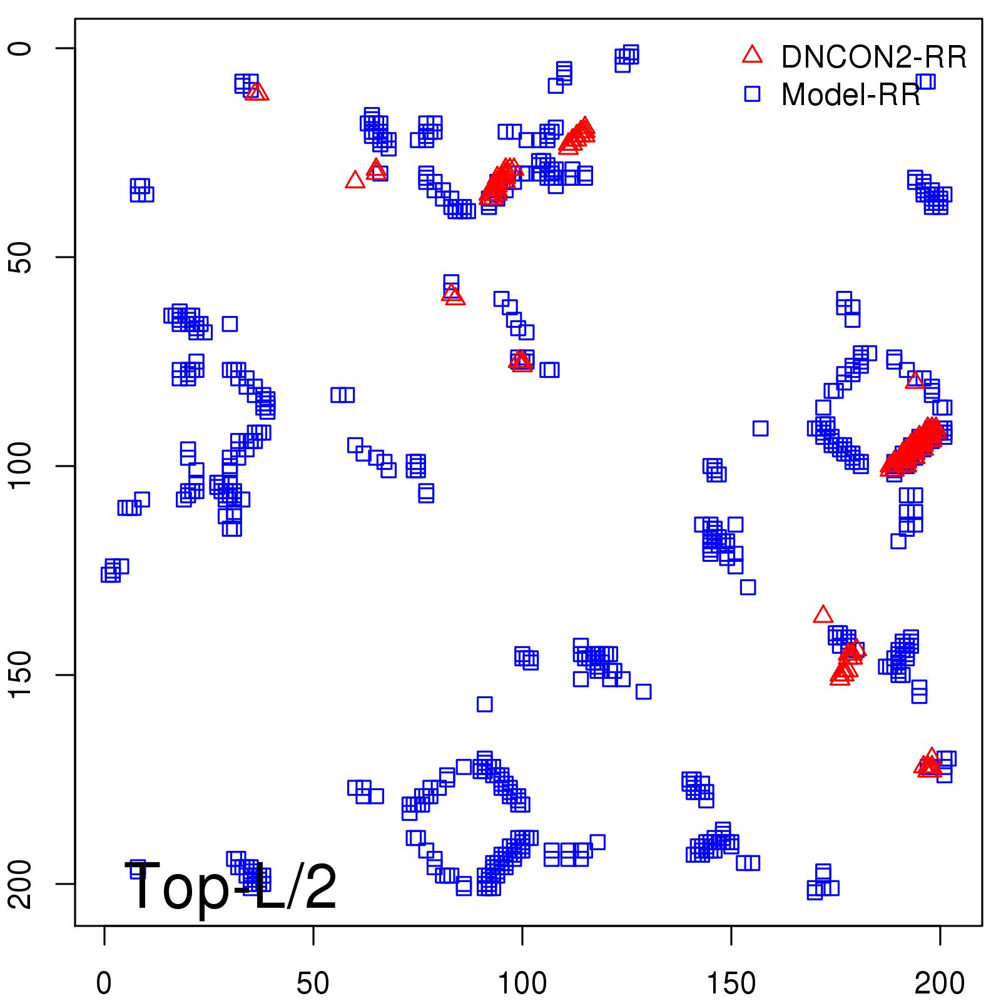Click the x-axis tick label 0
(104, 983)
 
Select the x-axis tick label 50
(313, 983)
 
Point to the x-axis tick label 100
(522, 983)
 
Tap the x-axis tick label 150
(731, 983)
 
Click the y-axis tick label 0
(20, 48)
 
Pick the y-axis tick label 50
(20, 257)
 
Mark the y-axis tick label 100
(20, 466)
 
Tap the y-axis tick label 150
(20, 675)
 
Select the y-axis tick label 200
(20, 883)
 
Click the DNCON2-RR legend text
(873, 57)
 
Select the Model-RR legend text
(850, 94)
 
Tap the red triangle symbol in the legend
(752, 55)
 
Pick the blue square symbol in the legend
(752, 94)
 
